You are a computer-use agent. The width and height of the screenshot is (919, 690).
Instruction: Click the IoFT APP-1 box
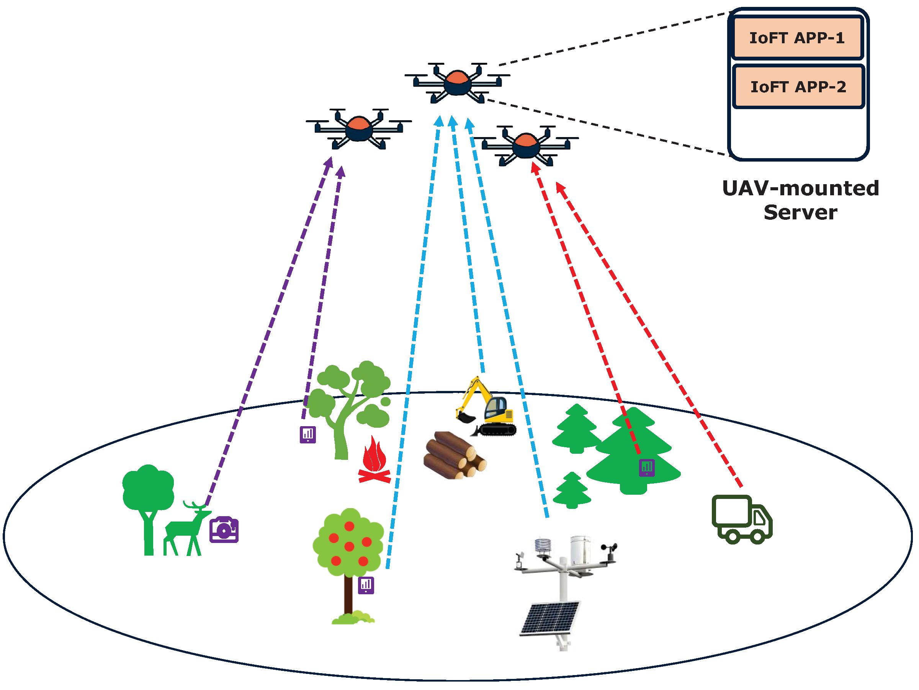pyautogui.click(x=797, y=38)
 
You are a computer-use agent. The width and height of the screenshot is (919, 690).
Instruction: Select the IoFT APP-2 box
pyautogui.click(x=798, y=87)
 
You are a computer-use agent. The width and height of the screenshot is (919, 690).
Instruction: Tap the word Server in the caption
pyautogui.click(x=800, y=212)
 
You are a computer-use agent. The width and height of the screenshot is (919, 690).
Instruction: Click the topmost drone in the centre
pyautogui.click(x=457, y=82)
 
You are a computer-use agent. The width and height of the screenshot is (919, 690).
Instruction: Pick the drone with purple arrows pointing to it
pyautogui.click(x=358, y=128)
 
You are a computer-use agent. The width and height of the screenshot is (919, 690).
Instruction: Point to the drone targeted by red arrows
pyautogui.click(x=526, y=145)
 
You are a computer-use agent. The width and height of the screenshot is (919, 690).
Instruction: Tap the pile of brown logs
pyautogui.click(x=454, y=455)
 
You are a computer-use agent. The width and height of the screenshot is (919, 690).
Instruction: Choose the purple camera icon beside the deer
pyautogui.click(x=224, y=530)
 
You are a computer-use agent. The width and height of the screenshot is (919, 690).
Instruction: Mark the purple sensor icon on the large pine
pyautogui.click(x=646, y=467)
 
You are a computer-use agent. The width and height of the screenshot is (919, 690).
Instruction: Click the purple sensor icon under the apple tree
pyautogui.click(x=366, y=585)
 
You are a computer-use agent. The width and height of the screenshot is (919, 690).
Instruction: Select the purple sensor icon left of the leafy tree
pyautogui.click(x=307, y=435)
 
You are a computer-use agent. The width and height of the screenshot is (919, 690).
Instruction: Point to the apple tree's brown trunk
pyautogui.click(x=348, y=594)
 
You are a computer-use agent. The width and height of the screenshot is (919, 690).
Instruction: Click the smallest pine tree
pyautogui.click(x=572, y=491)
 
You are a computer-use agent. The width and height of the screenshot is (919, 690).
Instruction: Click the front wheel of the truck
pyautogui.click(x=757, y=536)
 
